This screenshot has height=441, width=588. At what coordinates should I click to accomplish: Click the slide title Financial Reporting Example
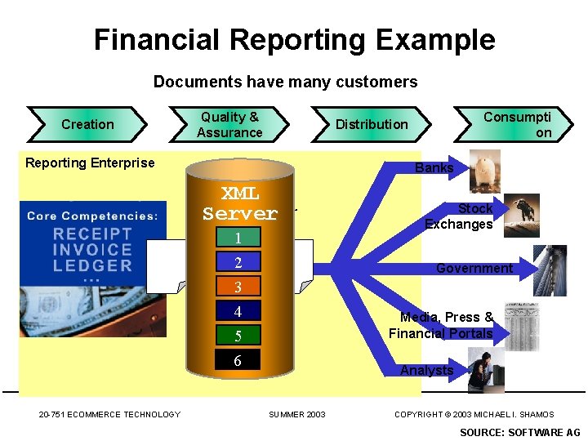(294, 39)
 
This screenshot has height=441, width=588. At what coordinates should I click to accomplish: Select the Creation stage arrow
(87, 124)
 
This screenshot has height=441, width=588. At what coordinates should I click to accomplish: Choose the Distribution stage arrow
(372, 124)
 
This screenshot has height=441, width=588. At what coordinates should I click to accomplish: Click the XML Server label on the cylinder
(240, 203)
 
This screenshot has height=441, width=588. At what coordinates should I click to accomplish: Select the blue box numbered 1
(238, 238)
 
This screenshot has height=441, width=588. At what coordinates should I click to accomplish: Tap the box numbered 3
(238, 287)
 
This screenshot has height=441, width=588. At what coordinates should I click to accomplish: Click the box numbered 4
(238, 312)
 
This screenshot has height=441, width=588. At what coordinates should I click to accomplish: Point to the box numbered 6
(238, 361)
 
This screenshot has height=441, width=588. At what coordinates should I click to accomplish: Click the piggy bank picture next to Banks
(485, 170)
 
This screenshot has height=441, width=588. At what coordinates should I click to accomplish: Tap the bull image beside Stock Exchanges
(521, 216)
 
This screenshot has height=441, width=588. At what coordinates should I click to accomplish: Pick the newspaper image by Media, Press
(521, 325)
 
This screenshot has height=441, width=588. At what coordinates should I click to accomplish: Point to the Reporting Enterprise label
(90, 163)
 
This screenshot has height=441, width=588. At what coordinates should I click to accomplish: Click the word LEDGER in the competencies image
(92, 265)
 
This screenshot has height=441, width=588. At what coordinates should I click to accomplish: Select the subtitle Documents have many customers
(285, 82)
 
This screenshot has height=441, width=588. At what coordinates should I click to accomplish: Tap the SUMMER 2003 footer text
(297, 415)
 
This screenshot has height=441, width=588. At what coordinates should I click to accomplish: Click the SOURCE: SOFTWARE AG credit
(520, 432)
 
